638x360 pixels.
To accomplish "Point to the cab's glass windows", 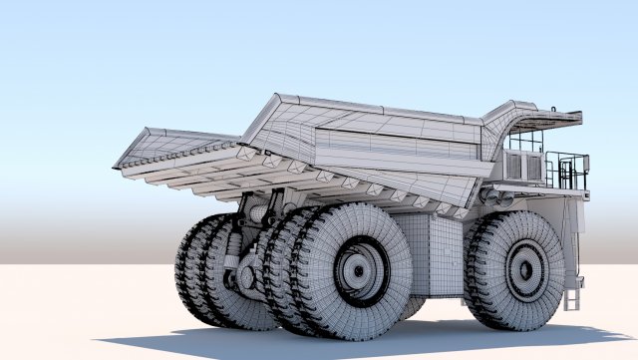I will (525, 141).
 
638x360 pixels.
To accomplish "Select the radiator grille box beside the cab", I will (522, 165).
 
